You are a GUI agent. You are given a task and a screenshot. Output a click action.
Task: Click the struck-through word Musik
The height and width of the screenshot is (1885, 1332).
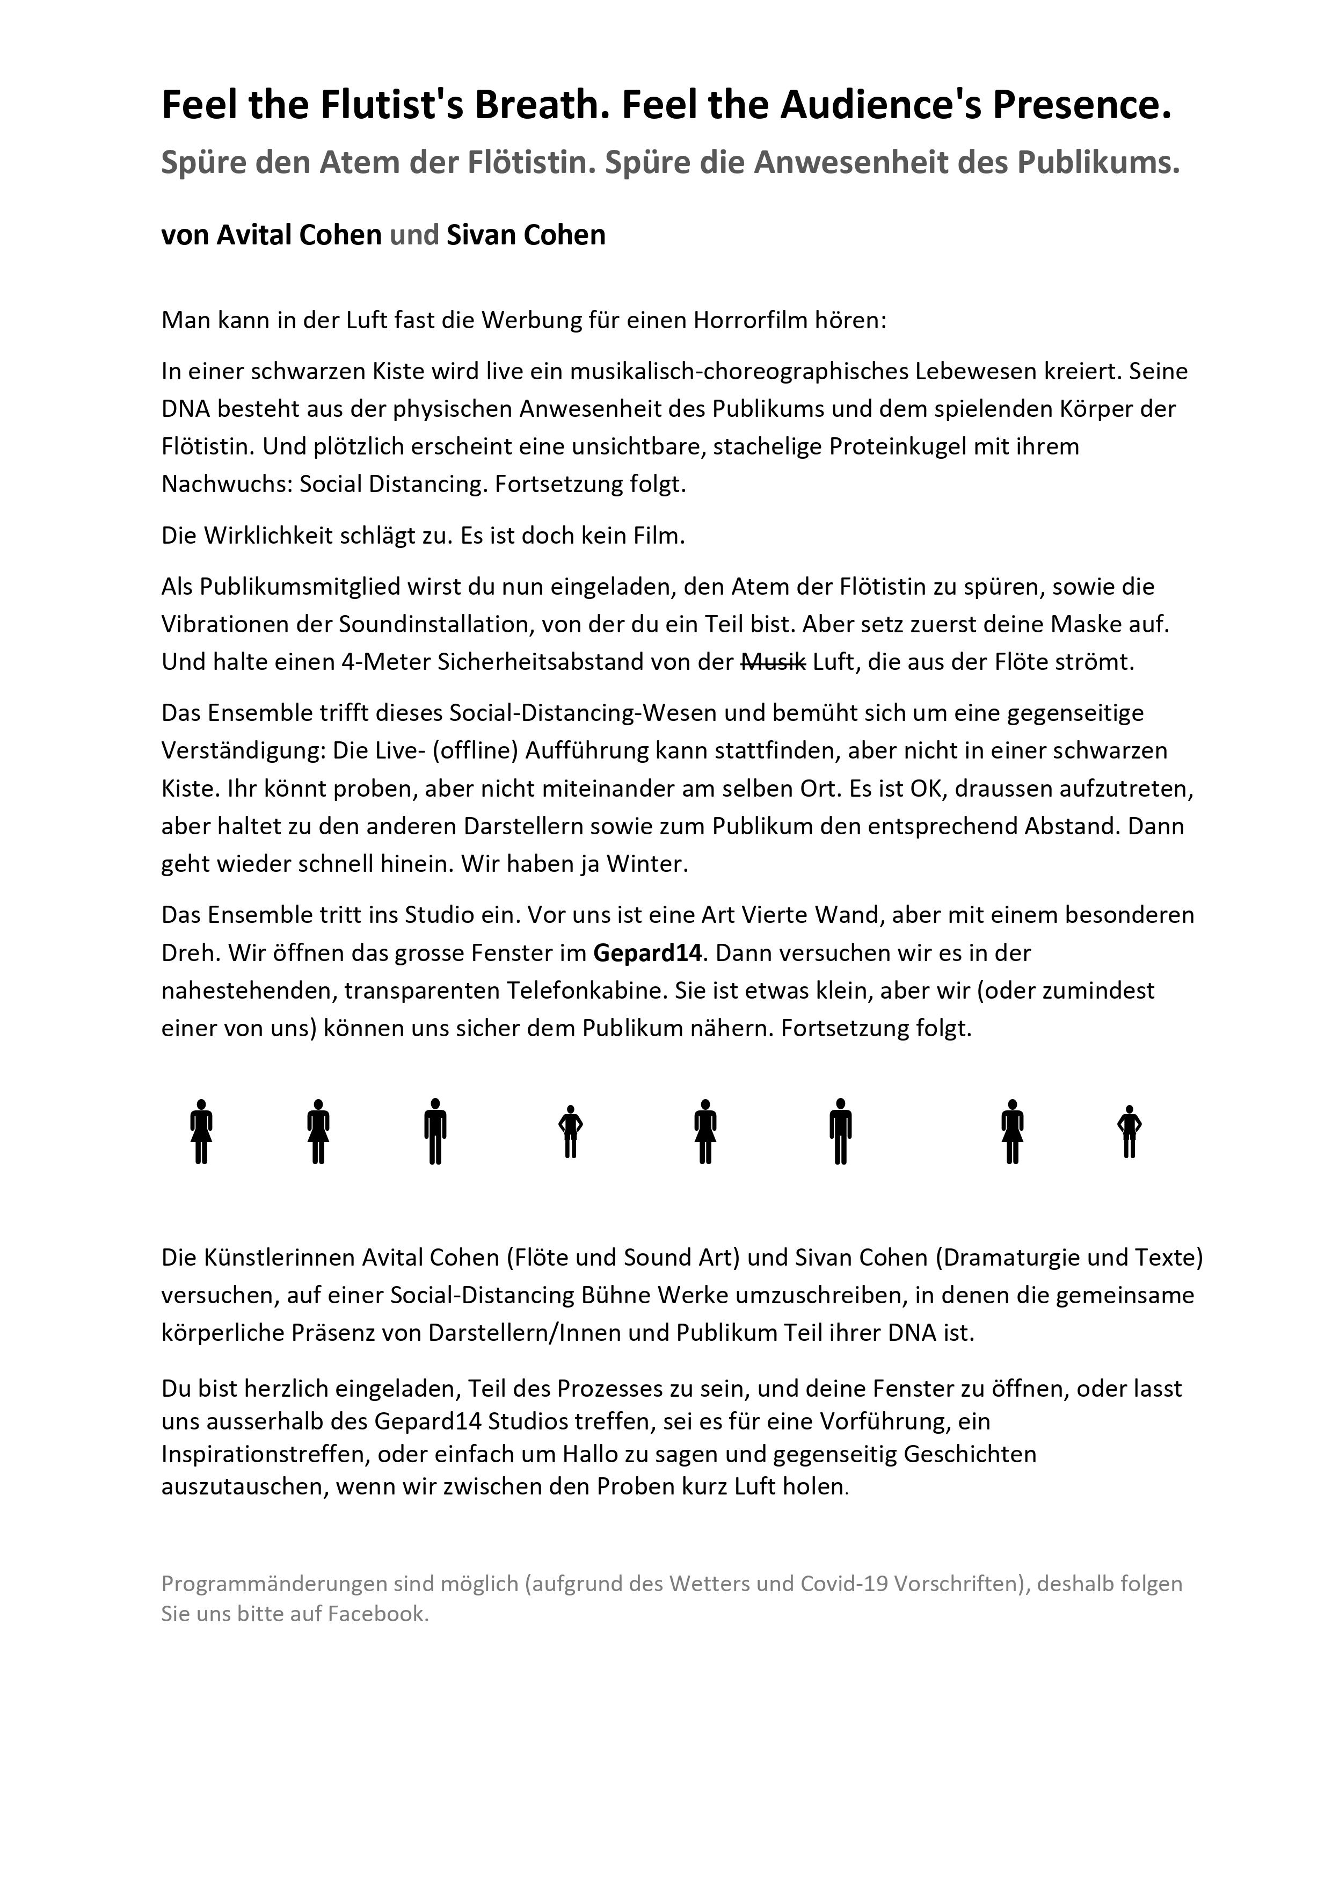coord(773,662)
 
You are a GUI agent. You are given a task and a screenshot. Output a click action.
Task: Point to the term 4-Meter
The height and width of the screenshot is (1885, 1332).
coord(385,662)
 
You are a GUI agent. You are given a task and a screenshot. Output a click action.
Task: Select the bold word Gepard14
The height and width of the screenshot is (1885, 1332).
coord(647,952)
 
